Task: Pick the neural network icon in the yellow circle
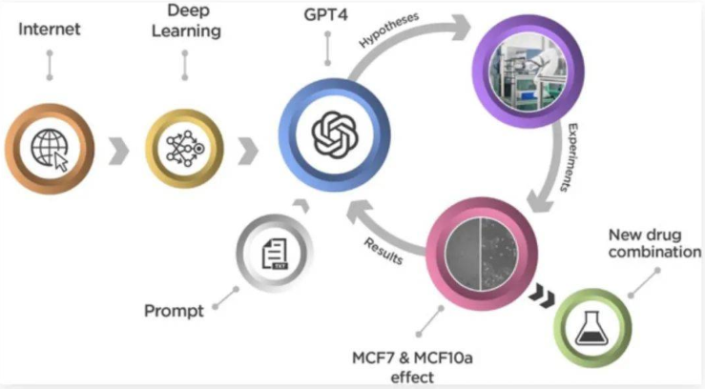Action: [181, 148]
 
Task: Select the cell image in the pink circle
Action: [481, 252]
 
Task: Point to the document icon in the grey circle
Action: [276, 253]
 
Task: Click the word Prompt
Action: [176, 311]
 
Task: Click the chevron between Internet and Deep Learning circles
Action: [117, 149]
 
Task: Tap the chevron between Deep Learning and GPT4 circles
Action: [248, 149]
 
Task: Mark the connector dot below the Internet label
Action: [50, 77]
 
